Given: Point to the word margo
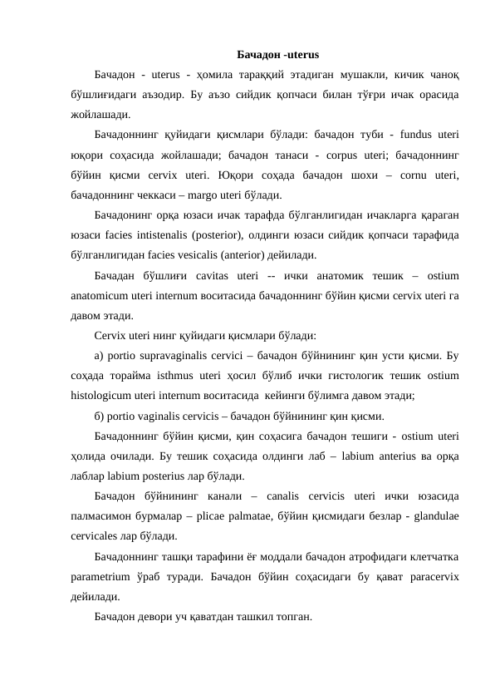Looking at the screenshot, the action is [185, 196].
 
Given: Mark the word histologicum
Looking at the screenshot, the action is [106, 397].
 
